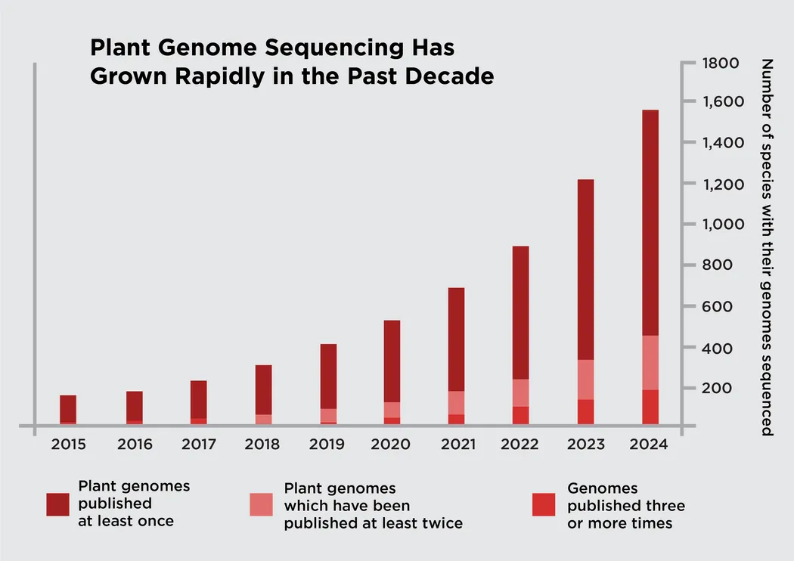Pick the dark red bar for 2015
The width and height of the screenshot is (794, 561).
click(68, 408)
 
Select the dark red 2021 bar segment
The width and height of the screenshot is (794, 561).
click(455, 339)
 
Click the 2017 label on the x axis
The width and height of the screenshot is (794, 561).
click(198, 445)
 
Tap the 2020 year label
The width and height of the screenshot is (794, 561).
click(393, 445)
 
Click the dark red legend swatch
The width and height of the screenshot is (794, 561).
click(57, 504)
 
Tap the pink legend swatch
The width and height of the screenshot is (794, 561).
click(262, 504)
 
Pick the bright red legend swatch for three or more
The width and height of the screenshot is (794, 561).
click(544, 504)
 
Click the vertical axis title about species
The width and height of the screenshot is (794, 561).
click(766, 246)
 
